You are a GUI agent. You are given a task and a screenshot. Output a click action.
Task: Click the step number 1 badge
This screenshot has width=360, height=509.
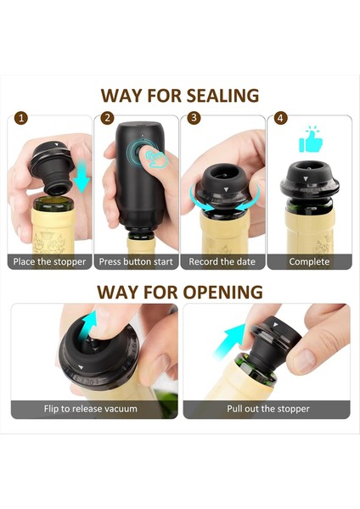click(21, 118)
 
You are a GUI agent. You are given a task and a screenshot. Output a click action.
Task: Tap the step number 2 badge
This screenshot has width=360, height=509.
click(107, 118)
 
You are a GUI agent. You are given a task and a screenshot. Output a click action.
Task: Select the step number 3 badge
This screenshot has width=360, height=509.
click(194, 118)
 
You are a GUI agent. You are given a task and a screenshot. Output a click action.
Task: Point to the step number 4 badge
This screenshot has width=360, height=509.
click(280, 118)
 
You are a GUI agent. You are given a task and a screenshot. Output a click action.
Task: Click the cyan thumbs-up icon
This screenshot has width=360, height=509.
click(311, 140)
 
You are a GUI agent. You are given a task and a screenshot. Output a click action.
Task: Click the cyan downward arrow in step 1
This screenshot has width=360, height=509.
click(82, 177)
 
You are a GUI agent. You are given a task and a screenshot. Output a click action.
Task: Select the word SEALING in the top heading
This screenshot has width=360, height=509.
click(222, 95)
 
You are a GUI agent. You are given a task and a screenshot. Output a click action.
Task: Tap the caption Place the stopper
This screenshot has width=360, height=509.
click(49, 261)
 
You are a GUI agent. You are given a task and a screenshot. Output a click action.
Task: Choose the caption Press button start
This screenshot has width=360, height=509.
click(136, 261)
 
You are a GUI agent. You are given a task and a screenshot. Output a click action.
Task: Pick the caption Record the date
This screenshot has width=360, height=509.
click(222, 261)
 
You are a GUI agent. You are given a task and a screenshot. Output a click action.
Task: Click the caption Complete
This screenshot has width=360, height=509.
click(309, 261)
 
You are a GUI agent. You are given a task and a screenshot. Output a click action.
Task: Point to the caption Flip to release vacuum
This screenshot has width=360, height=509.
click(91, 408)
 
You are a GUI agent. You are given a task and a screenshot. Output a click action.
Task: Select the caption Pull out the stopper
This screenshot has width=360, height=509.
click(268, 408)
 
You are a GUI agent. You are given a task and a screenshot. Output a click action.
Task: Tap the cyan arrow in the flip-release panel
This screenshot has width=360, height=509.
click(89, 327)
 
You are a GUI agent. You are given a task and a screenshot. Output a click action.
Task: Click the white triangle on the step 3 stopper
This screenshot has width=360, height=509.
click(227, 189)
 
